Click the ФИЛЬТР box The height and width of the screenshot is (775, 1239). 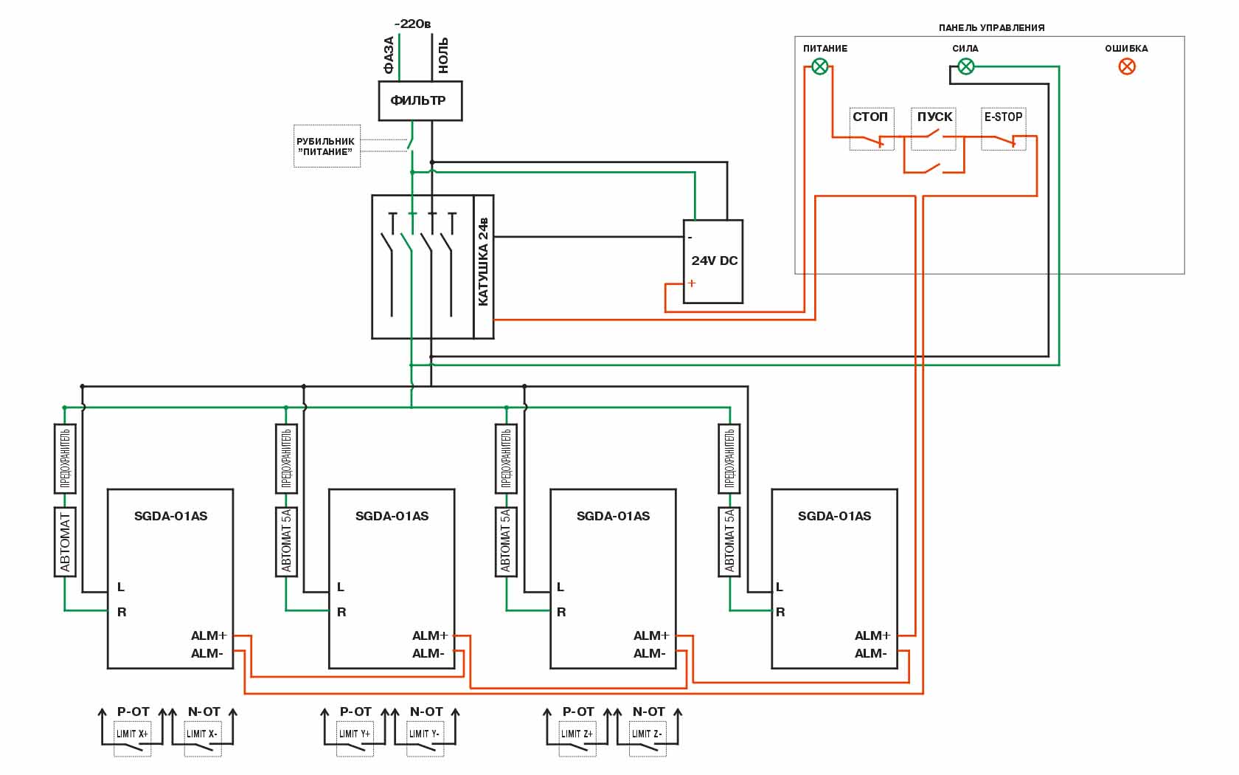pos(420,100)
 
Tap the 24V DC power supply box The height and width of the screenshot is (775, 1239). pos(712,261)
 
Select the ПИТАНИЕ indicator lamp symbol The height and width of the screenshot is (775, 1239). pos(819,67)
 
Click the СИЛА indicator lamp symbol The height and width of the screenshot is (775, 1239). pos(965,67)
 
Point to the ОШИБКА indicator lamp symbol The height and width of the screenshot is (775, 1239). pos(1126,66)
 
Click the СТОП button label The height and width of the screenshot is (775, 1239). pos(870,117)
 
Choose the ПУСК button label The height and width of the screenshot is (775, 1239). pos(934,117)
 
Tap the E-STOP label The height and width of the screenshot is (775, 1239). pos(1003,117)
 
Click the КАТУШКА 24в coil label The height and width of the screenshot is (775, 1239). pos(484,261)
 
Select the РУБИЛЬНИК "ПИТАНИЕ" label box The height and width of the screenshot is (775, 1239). pos(327,146)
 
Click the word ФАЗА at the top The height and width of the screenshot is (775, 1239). pos(389,55)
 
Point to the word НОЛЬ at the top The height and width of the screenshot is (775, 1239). pos(443,55)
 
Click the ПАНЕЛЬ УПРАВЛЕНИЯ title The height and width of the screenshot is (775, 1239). pos(991,28)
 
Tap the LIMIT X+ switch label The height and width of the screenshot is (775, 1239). pos(132,734)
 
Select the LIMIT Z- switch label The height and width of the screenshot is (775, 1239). pos(647,734)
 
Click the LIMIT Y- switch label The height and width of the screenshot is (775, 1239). pos(424,734)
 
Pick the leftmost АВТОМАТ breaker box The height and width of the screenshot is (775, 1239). pos(65,541)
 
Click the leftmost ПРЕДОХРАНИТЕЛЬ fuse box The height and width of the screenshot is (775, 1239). pos(65,458)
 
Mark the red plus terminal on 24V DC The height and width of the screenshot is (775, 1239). pos(692,283)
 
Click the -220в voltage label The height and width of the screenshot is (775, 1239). pos(412,24)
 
